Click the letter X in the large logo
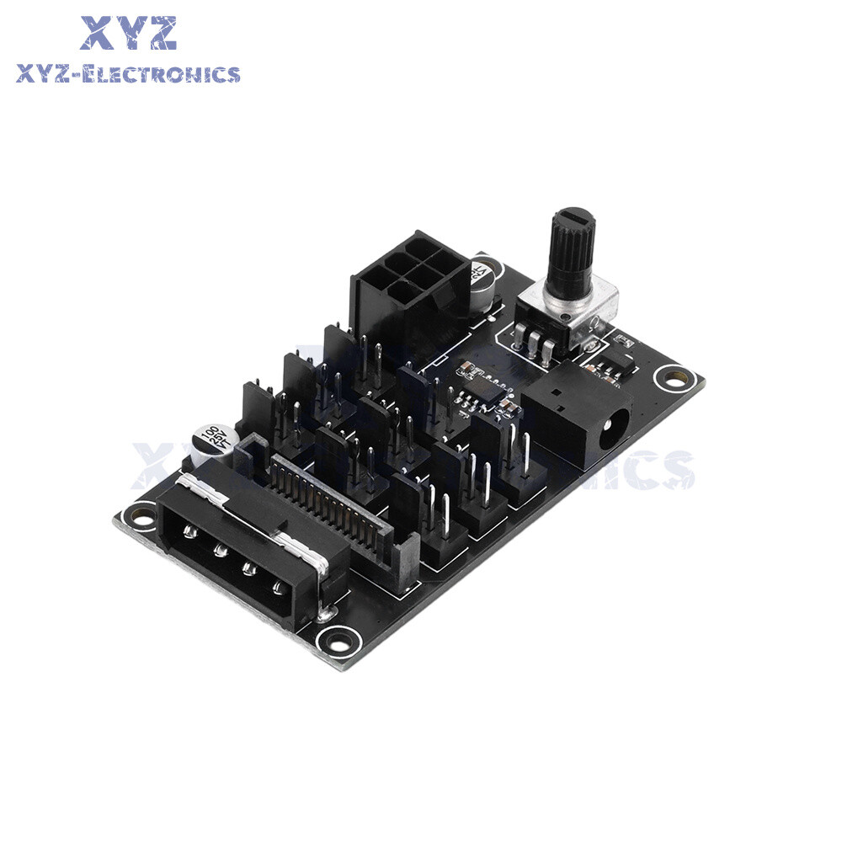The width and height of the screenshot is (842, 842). (x=99, y=33)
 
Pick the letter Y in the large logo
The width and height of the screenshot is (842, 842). (x=128, y=33)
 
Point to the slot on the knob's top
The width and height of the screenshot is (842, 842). (x=574, y=216)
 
